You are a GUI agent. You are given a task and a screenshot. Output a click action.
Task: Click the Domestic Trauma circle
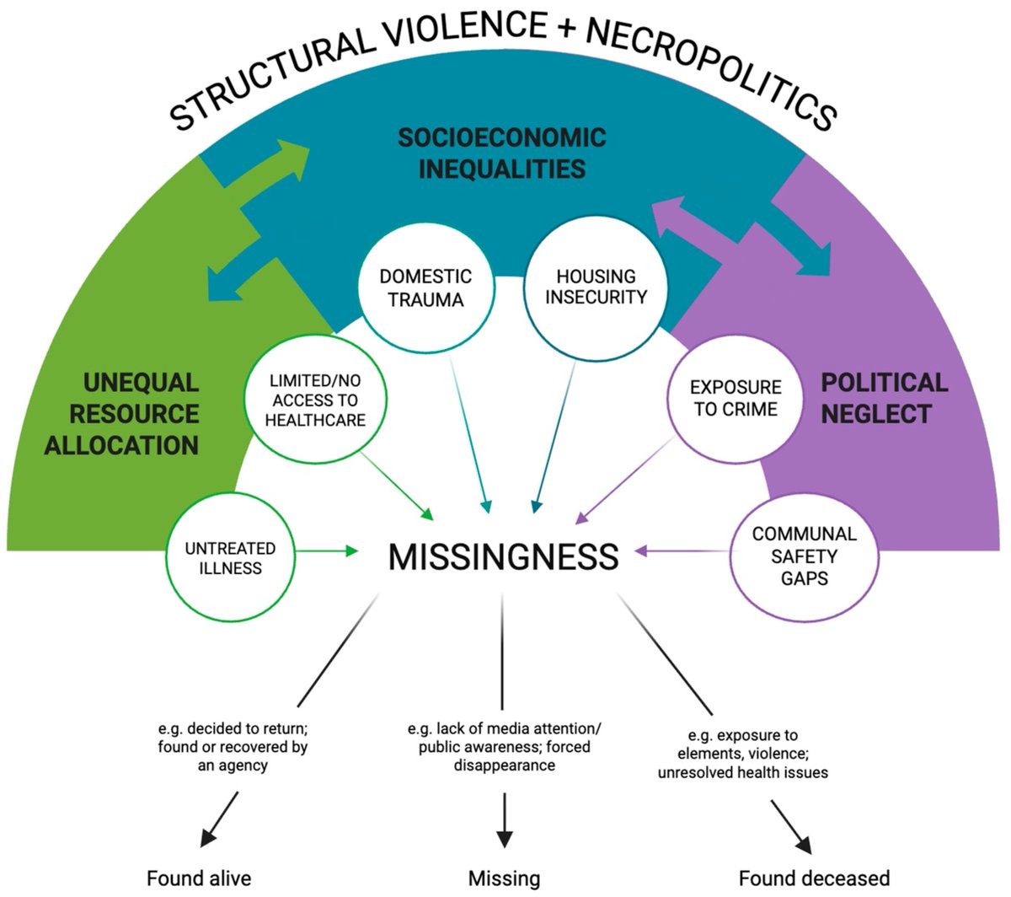click(425, 289)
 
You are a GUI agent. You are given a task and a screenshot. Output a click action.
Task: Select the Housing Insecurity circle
click(596, 287)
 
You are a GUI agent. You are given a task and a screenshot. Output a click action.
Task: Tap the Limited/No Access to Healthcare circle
click(315, 401)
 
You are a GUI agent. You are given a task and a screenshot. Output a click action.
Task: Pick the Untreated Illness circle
click(230, 558)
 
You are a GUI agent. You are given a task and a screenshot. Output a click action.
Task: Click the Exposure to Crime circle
click(736, 399)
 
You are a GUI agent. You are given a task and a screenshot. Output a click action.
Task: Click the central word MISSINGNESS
click(503, 557)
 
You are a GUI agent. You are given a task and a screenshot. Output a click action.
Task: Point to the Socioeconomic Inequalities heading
click(502, 153)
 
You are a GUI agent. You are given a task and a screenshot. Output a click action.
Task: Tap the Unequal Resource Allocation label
click(122, 414)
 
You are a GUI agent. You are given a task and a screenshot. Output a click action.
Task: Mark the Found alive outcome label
click(199, 878)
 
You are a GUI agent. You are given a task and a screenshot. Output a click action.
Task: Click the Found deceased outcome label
click(814, 878)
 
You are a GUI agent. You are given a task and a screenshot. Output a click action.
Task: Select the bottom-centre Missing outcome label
click(504, 878)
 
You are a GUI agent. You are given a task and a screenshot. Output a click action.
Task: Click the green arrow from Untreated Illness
click(328, 551)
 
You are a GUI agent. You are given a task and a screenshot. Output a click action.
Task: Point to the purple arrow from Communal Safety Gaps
click(682, 551)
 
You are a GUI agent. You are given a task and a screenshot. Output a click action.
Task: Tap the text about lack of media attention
click(505, 747)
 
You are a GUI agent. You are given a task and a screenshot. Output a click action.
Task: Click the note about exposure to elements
click(742, 754)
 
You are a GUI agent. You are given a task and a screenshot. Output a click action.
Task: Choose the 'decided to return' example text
click(233, 747)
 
